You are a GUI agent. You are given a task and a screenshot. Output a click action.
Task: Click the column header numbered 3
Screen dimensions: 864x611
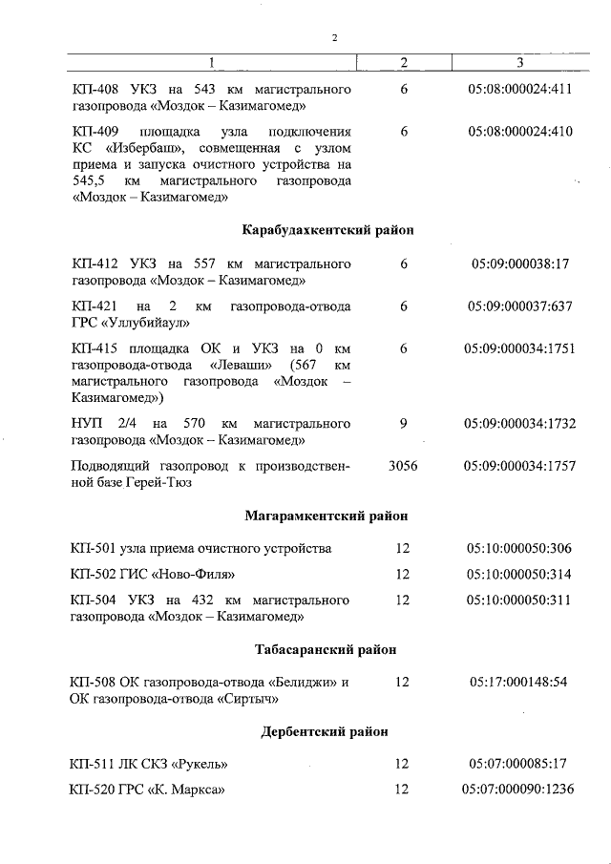pos(519,63)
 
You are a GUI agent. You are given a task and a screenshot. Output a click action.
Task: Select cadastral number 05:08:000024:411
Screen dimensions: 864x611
pos(519,89)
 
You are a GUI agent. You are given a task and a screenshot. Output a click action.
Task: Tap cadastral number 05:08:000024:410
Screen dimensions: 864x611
pos(519,131)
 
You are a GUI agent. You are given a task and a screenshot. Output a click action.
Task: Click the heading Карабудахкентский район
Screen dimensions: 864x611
pos(327,230)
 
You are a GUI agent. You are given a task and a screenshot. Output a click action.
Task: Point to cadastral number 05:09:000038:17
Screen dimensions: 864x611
pos(519,263)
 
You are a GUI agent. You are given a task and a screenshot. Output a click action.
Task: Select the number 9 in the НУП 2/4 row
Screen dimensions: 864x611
pos(404,423)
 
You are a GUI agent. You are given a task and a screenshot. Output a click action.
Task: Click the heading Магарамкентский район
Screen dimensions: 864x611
pos(327,516)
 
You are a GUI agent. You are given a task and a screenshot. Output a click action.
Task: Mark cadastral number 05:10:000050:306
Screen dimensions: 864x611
pos(519,548)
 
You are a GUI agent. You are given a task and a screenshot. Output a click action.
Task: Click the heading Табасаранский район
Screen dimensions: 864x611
pos(327,649)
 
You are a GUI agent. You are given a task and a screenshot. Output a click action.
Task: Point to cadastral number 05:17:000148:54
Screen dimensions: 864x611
pos(519,683)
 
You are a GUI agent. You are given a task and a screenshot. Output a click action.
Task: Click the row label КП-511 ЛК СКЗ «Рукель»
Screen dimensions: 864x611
pos(150,764)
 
